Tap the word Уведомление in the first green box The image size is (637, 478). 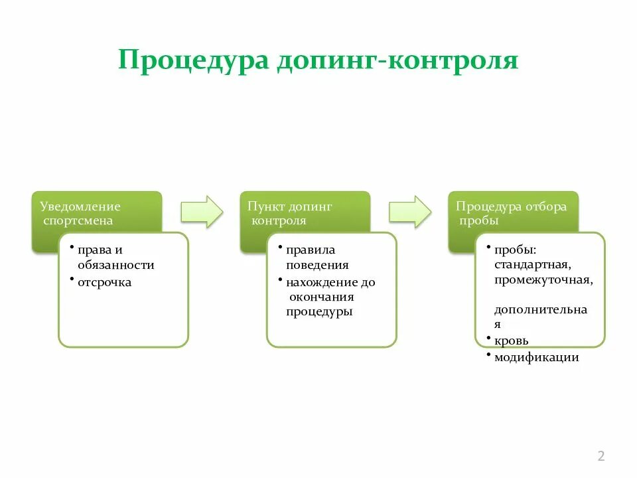click(x=80, y=206)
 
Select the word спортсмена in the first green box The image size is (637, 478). click(x=78, y=220)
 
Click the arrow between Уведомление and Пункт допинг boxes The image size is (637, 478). click(x=203, y=211)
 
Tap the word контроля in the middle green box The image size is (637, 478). click(x=279, y=220)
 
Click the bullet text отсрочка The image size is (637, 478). click(x=104, y=283)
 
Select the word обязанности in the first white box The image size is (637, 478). click(x=116, y=265)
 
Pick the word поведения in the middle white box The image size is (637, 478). click(x=317, y=265)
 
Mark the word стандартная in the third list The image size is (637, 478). click(x=533, y=265)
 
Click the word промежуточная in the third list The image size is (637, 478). click(x=543, y=279)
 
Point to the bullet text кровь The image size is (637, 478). click(x=512, y=341)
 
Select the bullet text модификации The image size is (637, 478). click(x=537, y=357)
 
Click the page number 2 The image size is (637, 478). click(x=601, y=456)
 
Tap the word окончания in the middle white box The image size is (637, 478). click(x=322, y=297)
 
